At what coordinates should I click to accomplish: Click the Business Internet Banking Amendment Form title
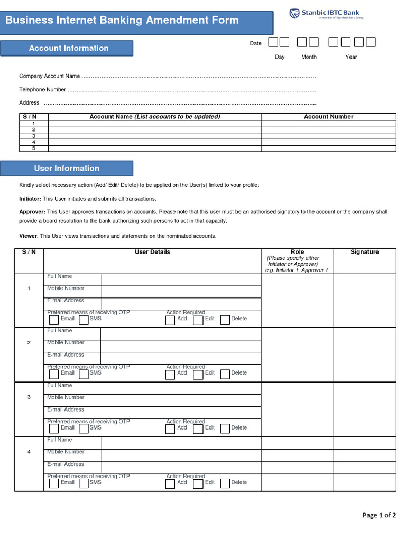tap(122, 21)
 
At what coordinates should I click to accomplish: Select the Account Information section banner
tap(68, 48)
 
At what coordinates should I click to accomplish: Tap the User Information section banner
tap(67, 169)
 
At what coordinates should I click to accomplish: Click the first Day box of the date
tap(273, 42)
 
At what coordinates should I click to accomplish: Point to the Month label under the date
tap(309, 57)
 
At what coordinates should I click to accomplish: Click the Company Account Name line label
tap(50, 77)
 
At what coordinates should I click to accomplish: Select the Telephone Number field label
tap(43, 90)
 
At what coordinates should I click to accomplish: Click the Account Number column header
tap(328, 117)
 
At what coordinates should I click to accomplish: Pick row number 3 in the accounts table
tap(34, 136)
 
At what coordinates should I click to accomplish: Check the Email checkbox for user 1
tap(54, 320)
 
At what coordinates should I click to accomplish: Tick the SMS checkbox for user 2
tap(84, 374)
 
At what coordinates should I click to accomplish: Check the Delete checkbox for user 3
tap(225, 428)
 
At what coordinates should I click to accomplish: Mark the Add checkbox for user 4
tap(170, 483)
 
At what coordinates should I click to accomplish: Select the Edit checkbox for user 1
tap(198, 320)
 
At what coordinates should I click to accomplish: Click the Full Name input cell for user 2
tap(180, 334)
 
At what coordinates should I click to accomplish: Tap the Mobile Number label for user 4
tap(66, 452)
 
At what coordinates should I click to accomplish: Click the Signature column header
tap(364, 252)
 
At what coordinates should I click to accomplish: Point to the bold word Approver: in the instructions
tap(30, 212)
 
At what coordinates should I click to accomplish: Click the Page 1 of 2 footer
tap(379, 515)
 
